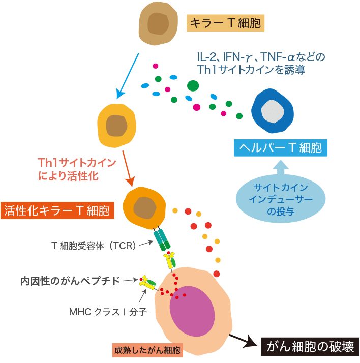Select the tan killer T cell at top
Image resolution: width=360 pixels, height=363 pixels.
point(159,23)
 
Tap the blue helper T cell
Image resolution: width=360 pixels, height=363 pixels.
point(273,112)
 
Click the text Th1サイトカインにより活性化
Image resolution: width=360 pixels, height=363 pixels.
point(76,170)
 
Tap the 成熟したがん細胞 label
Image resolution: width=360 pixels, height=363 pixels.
point(147,350)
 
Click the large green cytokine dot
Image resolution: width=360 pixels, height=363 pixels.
point(193,85)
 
